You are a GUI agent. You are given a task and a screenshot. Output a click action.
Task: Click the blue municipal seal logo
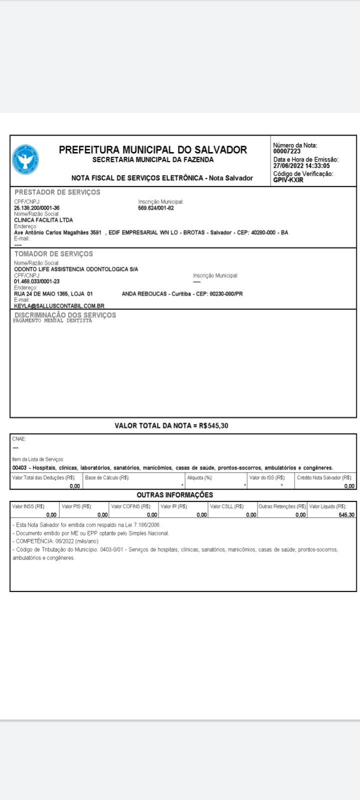(x=25, y=160)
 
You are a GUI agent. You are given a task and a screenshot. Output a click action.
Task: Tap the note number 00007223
(x=287, y=151)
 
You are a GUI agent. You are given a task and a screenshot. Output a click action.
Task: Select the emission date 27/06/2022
(x=287, y=166)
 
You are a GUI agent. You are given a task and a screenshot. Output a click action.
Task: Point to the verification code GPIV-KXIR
(x=288, y=180)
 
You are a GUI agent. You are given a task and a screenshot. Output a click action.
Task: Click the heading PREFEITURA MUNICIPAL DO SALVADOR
(x=152, y=149)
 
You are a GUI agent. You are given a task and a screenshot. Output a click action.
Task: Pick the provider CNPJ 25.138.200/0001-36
(x=36, y=208)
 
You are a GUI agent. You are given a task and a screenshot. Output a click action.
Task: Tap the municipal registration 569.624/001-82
(x=156, y=208)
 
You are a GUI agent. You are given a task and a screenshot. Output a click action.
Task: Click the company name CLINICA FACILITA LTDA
(x=43, y=220)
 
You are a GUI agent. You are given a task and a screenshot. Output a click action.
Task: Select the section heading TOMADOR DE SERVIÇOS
(x=53, y=254)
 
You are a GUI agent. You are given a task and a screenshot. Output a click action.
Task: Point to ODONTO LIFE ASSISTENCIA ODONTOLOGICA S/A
(x=76, y=269)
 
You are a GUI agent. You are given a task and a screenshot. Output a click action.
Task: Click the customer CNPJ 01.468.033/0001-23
(x=36, y=281)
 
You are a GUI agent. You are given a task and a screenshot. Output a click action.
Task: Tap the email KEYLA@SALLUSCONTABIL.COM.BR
(x=59, y=306)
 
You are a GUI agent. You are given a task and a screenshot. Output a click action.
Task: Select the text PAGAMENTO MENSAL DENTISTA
(x=52, y=321)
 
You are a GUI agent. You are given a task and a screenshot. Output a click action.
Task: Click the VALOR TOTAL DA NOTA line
(x=171, y=426)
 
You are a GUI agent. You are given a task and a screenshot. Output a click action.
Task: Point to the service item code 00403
(x=19, y=468)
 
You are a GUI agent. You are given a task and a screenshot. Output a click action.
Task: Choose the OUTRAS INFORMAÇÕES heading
(x=174, y=495)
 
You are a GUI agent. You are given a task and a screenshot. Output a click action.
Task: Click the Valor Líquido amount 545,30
(x=346, y=515)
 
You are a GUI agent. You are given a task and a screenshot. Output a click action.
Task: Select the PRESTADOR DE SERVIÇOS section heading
(x=57, y=192)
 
